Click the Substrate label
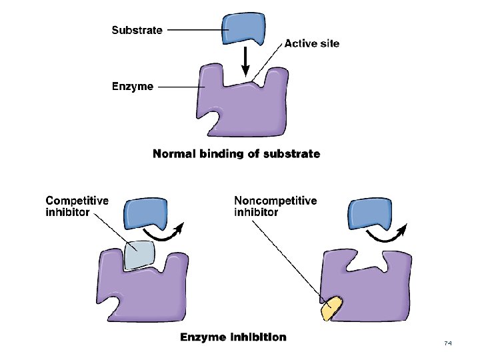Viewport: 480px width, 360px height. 137,30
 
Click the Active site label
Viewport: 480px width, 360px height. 311,44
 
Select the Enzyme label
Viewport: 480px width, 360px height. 132,87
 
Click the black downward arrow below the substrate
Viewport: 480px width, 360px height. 245,63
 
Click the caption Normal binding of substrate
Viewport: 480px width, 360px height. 236,154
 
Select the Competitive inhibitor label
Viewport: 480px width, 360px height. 77,206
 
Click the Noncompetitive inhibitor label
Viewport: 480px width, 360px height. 275,206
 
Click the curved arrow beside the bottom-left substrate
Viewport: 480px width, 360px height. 167,233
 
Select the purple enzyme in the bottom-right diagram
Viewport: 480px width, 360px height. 373,287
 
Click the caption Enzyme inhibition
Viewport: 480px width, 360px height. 233,337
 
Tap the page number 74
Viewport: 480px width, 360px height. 448,343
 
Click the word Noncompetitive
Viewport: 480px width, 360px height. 275,201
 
